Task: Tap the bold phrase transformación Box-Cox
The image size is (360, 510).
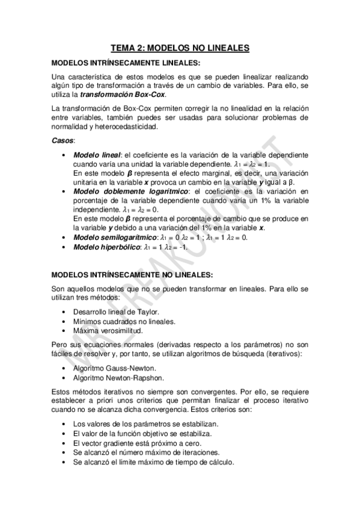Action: pyautogui.click(x=123, y=95)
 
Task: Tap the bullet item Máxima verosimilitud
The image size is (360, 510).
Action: pyautogui.click(x=108, y=331)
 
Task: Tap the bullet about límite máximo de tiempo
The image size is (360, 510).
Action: pyautogui.click(x=153, y=462)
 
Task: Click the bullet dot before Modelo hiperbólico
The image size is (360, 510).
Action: pyautogui.click(x=64, y=247)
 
